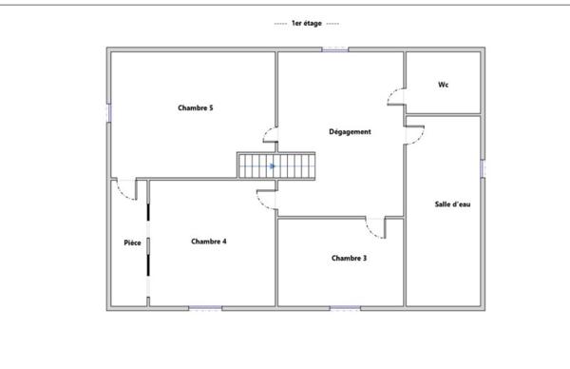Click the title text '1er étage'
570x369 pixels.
[307, 23]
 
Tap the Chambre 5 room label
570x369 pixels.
[195, 107]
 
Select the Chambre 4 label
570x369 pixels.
[209, 242]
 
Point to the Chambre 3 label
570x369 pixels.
[349, 258]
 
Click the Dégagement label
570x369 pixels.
[350, 132]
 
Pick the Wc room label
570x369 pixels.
[443, 85]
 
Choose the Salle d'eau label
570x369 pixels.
[452, 204]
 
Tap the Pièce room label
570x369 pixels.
[132, 243]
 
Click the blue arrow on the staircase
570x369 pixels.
[273, 166]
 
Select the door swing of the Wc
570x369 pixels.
[391, 93]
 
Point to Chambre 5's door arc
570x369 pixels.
[266, 131]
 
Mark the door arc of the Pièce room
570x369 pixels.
[122, 194]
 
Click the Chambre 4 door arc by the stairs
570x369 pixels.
[261, 204]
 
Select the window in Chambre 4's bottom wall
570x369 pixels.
[205, 308]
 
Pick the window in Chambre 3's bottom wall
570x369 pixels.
[346, 308]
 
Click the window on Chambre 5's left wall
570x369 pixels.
[108, 113]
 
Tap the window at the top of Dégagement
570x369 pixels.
[335, 49]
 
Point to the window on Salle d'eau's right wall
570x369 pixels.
[483, 168]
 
